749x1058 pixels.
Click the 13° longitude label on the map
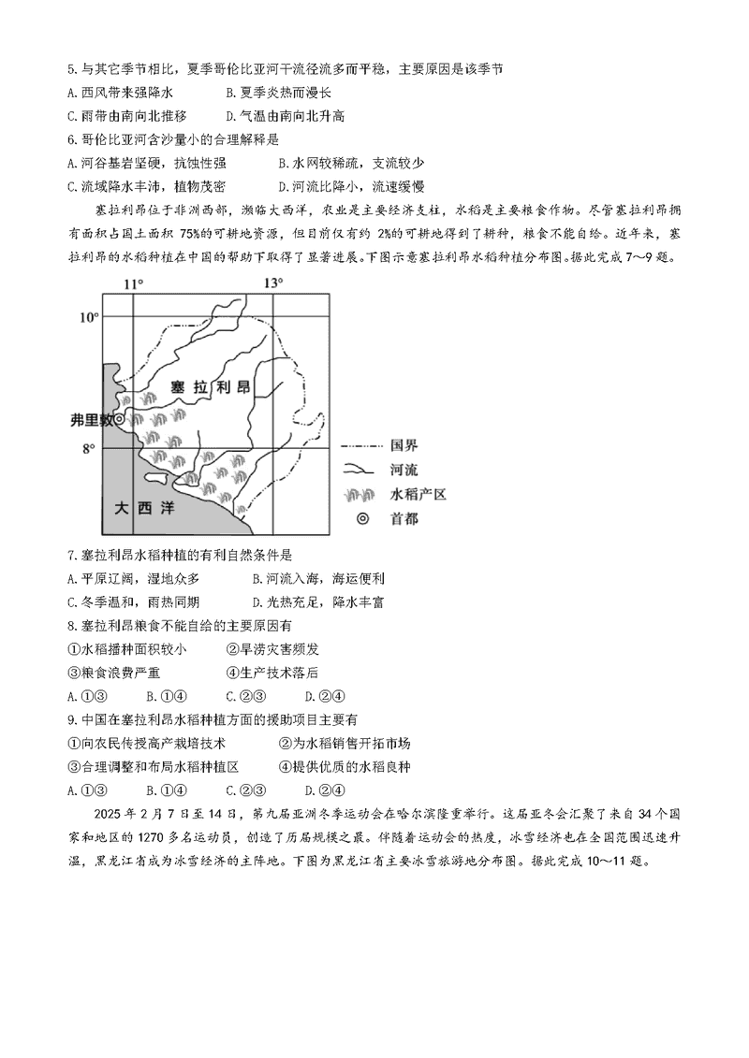272,283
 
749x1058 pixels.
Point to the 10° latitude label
88,317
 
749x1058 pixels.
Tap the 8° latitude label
89,449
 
